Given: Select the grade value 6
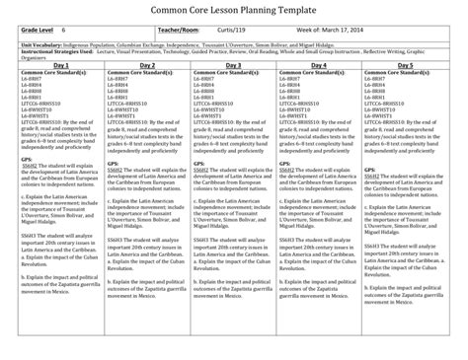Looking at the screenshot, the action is pos(63,33).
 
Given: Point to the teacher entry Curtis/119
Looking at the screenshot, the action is pos(250,33).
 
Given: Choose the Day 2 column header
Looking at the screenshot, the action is pos(145,62).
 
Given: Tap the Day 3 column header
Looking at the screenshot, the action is pos(234,62).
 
